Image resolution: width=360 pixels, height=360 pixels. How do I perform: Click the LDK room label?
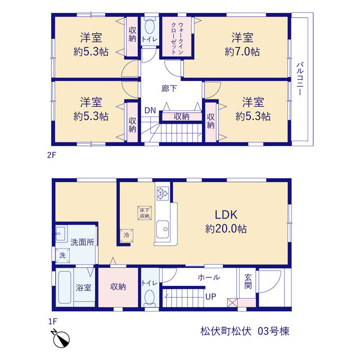pyautogui.click(x=226, y=215)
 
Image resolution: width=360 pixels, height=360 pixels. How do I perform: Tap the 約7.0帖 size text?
pyautogui.click(x=242, y=52)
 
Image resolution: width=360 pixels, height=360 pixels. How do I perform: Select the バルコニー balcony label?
pyautogui.click(x=300, y=79)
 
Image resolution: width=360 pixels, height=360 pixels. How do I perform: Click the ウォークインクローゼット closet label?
pyautogui.click(x=177, y=38)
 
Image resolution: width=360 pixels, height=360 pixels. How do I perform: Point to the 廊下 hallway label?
pyautogui.click(x=169, y=88)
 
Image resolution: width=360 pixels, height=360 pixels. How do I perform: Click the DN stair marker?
pyautogui.click(x=150, y=111)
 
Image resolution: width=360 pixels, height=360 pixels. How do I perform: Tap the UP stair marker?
pyautogui.click(x=211, y=296)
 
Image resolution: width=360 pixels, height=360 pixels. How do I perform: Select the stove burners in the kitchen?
pyautogui.click(x=163, y=193)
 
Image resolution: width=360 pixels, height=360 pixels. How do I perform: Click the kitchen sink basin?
pyautogui.click(x=163, y=229)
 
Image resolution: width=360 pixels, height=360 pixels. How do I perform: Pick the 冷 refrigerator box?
pyautogui.click(x=127, y=235)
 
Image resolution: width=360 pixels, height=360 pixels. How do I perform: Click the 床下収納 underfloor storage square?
pyautogui.click(x=145, y=213)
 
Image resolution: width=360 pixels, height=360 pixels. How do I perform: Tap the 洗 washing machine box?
pyautogui.click(x=62, y=255)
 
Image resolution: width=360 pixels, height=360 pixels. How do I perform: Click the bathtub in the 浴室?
pyautogui.click(x=65, y=287)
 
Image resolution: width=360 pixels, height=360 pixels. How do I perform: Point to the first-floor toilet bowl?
pyautogui.click(x=150, y=298)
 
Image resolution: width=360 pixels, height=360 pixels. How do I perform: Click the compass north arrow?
pyautogui.click(x=61, y=339)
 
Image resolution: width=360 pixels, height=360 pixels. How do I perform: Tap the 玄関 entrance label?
pyautogui.click(x=248, y=281)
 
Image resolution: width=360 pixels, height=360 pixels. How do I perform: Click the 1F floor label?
pyautogui.click(x=52, y=321)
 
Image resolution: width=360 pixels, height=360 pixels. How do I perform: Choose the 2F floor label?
pyautogui.click(x=52, y=155)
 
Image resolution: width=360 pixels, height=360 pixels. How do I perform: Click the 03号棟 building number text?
pyautogui.click(x=273, y=331)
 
